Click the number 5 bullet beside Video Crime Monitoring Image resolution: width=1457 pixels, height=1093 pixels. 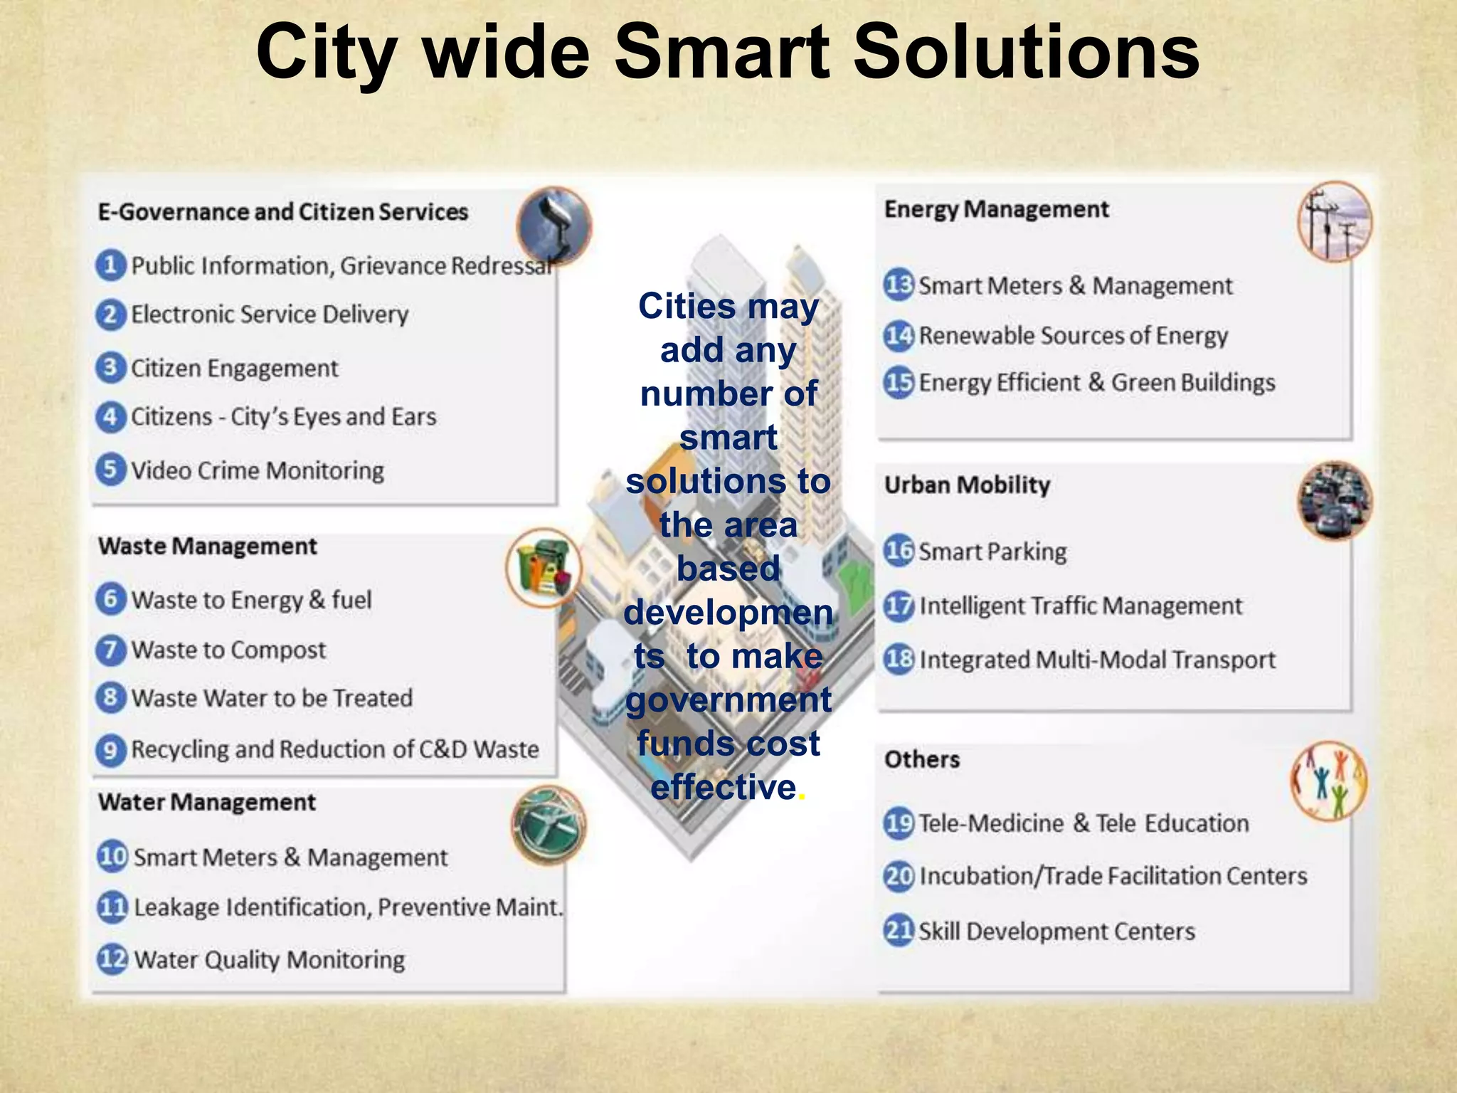(110, 470)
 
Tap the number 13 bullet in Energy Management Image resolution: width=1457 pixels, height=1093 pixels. (899, 285)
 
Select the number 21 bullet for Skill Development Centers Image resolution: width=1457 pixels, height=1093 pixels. (899, 930)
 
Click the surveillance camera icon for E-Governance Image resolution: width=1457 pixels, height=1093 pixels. (554, 225)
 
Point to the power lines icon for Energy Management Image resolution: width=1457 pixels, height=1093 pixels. (1335, 222)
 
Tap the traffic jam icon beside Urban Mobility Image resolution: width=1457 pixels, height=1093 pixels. (1335, 500)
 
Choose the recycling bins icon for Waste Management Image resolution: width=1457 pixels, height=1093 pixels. (544, 567)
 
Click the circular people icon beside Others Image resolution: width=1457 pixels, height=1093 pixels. (1329, 781)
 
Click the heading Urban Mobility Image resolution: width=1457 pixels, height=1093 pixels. (967, 485)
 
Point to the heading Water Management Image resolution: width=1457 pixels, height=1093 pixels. (207, 802)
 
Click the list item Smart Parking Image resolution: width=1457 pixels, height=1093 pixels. (992, 551)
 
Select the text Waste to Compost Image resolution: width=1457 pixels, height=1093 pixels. (228, 650)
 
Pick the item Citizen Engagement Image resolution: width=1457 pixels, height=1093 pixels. (234, 368)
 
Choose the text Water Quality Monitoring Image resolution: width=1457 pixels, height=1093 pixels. (270, 959)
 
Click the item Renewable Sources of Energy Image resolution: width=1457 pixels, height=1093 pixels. (1073, 334)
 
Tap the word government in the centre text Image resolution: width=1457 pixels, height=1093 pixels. (728, 699)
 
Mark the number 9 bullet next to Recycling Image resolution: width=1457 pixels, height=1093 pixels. (110, 750)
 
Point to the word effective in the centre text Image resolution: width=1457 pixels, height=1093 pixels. (723, 787)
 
